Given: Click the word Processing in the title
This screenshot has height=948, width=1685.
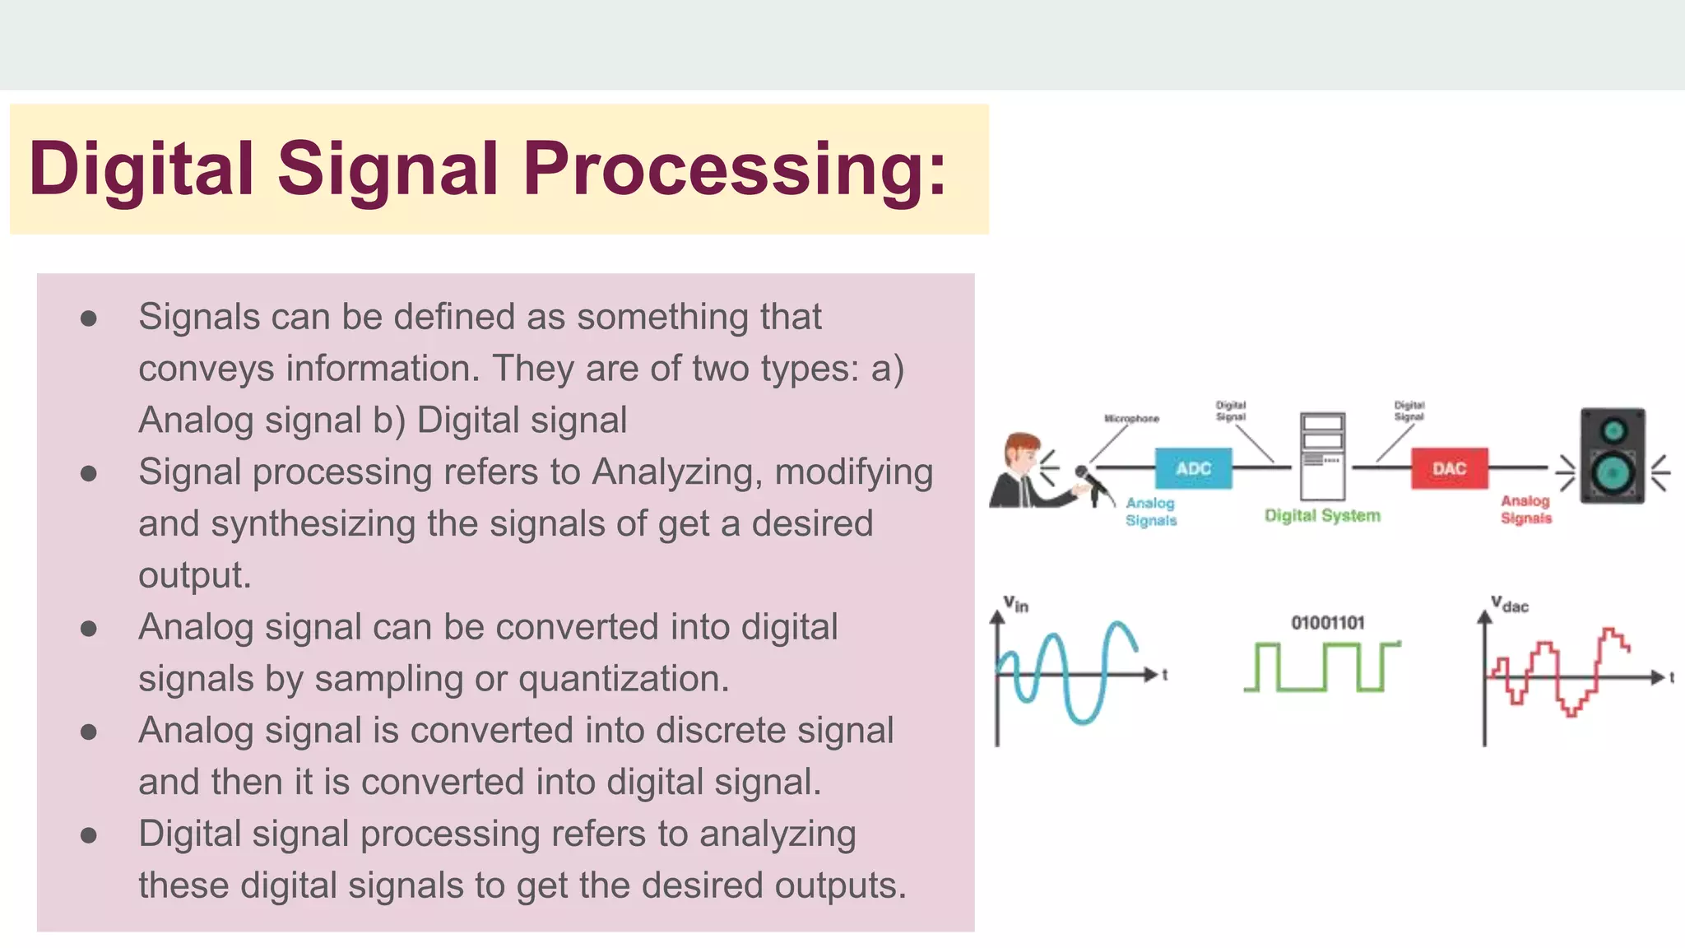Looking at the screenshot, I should [735, 169].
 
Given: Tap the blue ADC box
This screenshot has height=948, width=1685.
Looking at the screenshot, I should [1193, 468].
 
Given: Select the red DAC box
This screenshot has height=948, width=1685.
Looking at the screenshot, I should [1449, 468].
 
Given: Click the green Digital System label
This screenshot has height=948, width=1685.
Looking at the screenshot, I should [1322, 516].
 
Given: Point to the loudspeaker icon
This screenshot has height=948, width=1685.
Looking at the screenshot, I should [1613, 455].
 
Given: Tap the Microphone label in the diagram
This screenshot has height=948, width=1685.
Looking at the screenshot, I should [1131, 419].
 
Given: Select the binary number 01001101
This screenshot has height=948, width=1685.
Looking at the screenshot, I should [1327, 623].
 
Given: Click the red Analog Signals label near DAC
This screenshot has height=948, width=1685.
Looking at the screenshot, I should [1525, 509].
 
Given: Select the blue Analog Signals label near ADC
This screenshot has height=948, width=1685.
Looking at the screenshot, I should [1150, 511].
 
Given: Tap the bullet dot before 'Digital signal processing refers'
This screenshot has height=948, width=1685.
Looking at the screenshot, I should [89, 835].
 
